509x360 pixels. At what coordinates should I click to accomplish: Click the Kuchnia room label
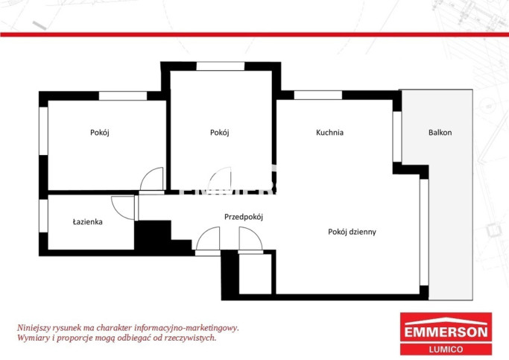[x=329, y=133]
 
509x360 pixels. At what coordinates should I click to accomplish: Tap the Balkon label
[x=440, y=133]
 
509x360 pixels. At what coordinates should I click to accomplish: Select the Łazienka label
[x=88, y=222]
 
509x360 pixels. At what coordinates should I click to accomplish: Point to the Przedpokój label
[x=244, y=217]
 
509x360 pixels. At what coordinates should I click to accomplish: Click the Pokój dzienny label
[x=352, y=232]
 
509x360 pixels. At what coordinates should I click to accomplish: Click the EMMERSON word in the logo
[x=446, y=332]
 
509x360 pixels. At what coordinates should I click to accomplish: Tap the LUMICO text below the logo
[x=446, y=350]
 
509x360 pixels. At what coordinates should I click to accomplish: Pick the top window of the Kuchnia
[x=317, y=95]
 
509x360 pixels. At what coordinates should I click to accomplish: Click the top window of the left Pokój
[x=123, y=95]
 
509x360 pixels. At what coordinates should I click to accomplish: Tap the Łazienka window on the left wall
[x=43, y=215]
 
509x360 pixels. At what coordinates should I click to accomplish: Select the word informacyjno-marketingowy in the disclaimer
[x=186, y=328]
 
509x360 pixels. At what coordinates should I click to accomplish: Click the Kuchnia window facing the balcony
[x=397, y=136]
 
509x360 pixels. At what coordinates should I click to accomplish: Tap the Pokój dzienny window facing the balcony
[x=424, y=232]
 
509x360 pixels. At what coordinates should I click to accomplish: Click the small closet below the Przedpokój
[x=255, y=274]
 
